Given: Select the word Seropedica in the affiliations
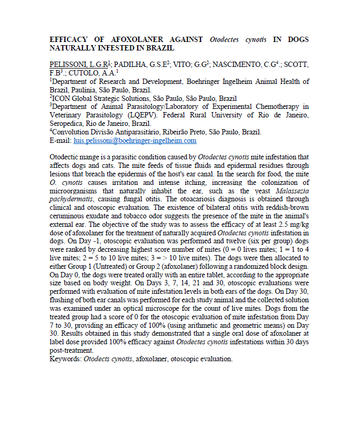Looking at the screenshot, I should tap(68, 124).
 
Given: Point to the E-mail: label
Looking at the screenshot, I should tap(61, 141).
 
